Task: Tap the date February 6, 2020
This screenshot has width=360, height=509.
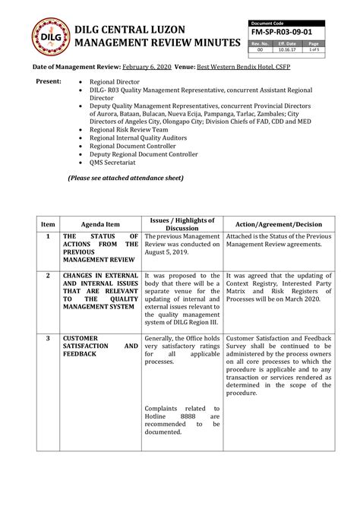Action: tap(144, 68)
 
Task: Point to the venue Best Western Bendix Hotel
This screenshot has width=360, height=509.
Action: tap(238, 68)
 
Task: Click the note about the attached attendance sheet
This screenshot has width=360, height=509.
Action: tap(125, 178)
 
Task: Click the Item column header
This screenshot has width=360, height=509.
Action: tap(48, 224)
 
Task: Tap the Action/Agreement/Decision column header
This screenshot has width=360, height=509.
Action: tap(279, 224)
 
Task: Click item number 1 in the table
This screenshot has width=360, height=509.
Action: tap(48, 237)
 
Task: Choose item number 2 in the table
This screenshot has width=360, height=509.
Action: tap(48, 275)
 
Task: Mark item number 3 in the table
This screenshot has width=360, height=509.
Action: tap(48, 337)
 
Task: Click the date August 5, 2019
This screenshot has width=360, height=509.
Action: tap(166, 253)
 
